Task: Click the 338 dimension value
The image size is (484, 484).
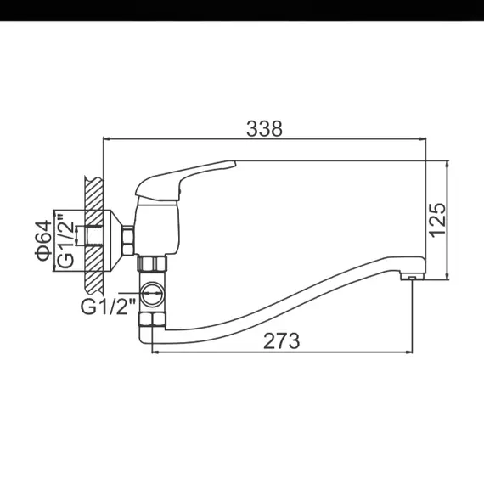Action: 263,128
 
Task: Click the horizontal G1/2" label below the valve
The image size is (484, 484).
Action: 109,305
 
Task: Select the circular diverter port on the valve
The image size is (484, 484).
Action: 153,295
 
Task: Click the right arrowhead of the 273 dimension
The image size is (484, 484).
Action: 411,351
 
